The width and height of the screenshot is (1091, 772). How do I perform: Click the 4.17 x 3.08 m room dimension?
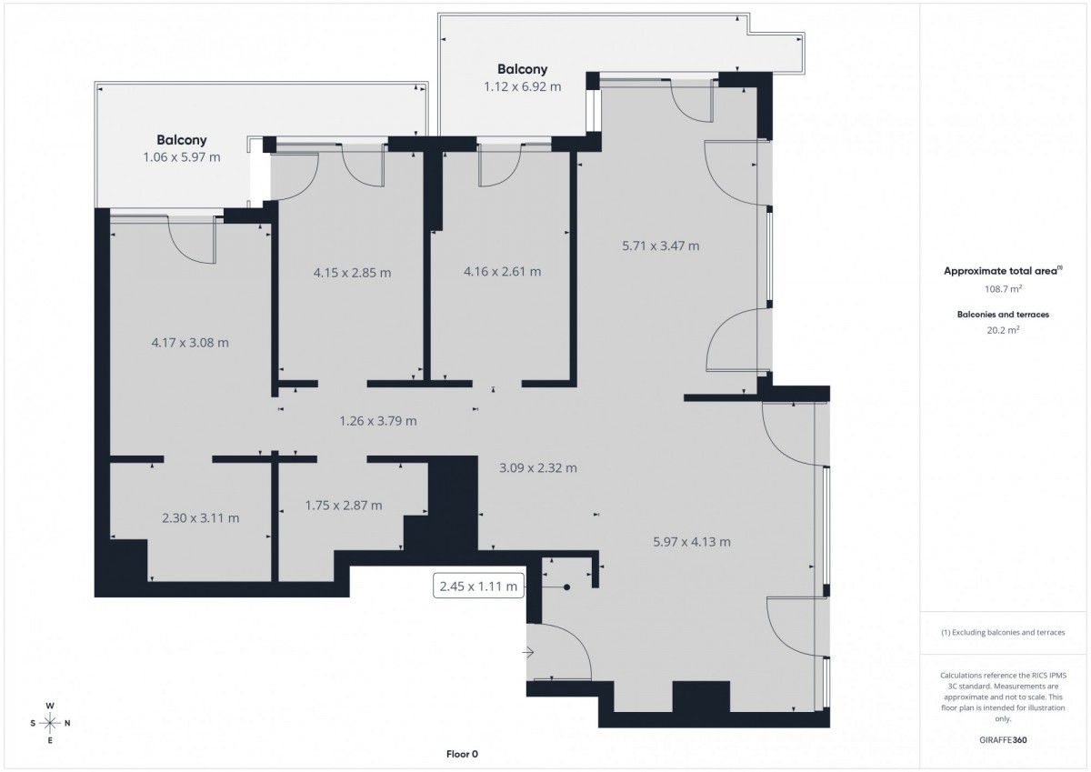190,343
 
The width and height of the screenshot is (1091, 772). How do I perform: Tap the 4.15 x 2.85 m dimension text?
352,273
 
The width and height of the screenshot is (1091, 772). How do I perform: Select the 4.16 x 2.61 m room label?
502,271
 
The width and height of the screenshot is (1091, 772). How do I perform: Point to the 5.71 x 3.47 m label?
660,246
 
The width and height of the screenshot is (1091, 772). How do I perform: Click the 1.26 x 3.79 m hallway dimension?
378,421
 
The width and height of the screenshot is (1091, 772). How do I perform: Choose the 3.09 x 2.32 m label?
538,468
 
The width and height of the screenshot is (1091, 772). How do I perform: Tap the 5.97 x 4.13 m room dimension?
692,542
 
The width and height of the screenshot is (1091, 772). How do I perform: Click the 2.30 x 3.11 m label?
201,517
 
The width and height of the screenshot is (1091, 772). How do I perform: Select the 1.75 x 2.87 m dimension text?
344,506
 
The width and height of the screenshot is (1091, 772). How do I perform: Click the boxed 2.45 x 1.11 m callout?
478,587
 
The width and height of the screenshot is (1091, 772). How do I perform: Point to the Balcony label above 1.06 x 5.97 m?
182,140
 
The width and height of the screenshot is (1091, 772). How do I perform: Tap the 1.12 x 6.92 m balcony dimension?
522,86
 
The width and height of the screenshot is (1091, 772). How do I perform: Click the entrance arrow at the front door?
528,652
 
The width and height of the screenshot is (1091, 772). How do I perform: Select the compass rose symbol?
50,723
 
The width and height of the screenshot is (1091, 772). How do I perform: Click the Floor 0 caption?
462,754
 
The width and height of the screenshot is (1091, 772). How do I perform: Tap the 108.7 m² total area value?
1003,289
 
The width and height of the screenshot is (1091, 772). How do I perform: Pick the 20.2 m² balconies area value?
1003,330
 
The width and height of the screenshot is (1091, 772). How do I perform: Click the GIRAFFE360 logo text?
1003,740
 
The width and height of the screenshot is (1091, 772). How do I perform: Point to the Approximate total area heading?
1003,271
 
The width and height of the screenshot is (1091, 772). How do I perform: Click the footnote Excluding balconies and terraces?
1003,632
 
